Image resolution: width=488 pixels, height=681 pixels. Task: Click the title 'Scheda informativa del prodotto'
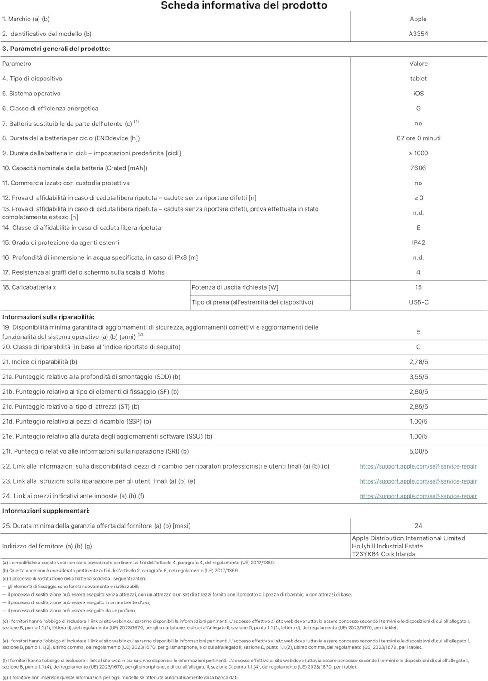tap(244, 5)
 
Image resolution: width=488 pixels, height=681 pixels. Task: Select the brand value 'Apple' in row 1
tap(418, 19)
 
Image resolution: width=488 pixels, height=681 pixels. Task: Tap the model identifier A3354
tap(418, 34)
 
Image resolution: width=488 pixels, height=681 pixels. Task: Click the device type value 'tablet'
tap(418, 79)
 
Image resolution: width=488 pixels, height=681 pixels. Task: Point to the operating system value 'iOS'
tap(418, 94)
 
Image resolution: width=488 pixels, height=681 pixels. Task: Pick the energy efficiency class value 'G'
tap(418, 109)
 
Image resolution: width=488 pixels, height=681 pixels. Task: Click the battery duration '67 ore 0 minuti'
tap(418, 138)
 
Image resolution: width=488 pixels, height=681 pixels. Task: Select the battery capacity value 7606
tap(418, 168)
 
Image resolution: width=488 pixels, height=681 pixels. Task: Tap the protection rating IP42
tap(418, 242)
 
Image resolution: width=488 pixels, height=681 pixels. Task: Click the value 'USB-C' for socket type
tap(418, 302)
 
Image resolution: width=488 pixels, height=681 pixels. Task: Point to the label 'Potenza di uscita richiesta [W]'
tap(235, 287)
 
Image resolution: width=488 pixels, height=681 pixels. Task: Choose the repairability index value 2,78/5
tap(418, 362)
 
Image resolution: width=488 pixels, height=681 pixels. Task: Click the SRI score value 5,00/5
tap(418, 452)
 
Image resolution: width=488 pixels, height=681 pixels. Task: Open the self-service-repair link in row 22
tap(418, 467)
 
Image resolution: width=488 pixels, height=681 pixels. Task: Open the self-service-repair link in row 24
tap(418, 496)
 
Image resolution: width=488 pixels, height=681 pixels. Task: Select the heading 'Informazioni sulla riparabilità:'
tap(49, 317)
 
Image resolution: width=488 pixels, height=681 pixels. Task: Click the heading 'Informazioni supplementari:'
tap(46, 511)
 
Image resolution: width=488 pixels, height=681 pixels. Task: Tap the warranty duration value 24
tap(418, 526)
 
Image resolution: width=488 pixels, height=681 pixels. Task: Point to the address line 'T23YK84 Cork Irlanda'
tap(384, 554)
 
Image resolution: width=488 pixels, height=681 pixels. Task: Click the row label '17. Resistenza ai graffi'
tap(83, 272)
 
